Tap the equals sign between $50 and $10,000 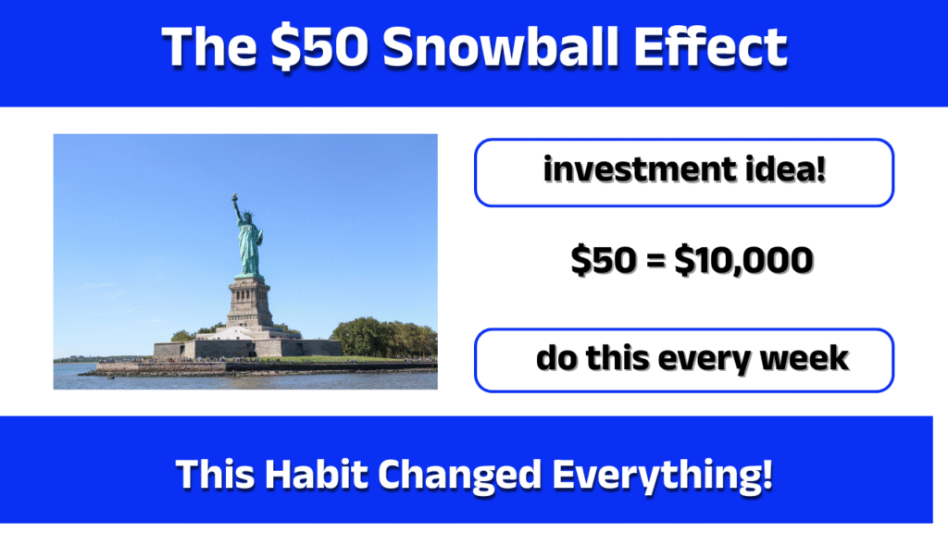tap(654, 264)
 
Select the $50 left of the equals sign tap(601, 263)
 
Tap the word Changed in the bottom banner tap(463, 476)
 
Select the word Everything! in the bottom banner tap(663, 476)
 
